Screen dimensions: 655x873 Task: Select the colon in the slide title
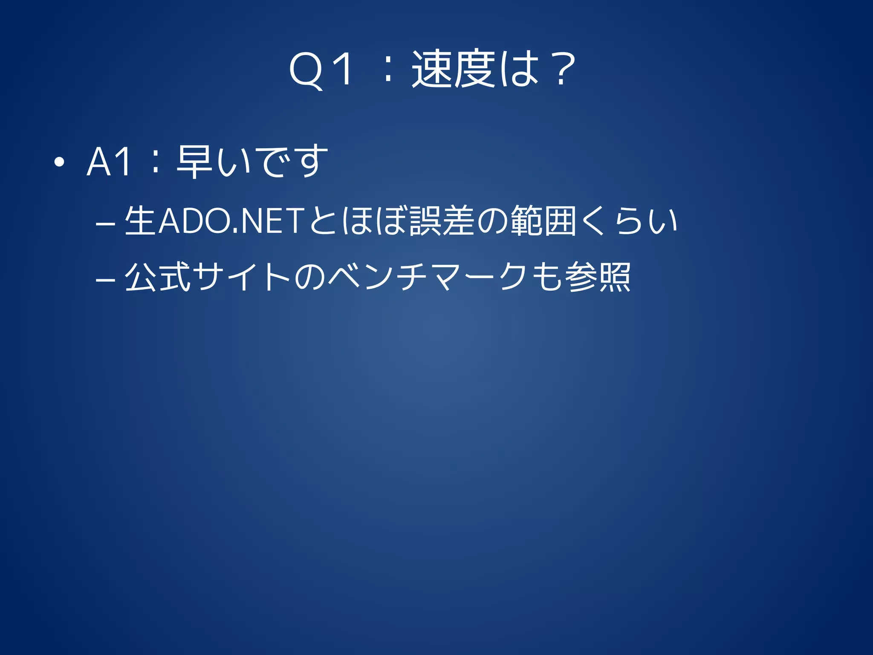point(387,70)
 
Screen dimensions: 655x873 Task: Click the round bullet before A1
point(59,162)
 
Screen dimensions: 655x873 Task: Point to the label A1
point(109,162)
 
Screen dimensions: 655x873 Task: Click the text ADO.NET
point(230,221)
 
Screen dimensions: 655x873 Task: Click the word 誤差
point(442,221)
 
